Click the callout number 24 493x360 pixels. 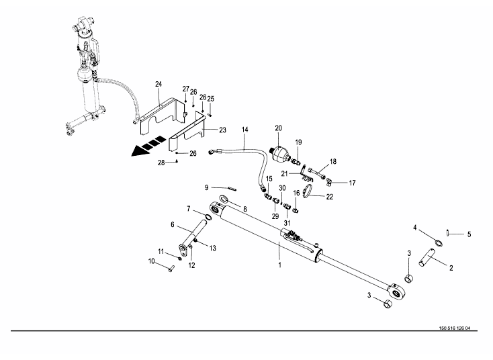pyautogui.click(x=159, y=84)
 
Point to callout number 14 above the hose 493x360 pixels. pyautogui.click(x=245, y=130)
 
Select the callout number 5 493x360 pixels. pyautogui.click(x=469, y=234)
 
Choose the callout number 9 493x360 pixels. pyautogui.click(x=208, y=187)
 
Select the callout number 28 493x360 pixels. pyautogui.click(x=161, y=163)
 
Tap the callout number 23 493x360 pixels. pyautogui.click(x=222, y=130)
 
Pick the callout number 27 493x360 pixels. pyautogui.click(x=186, y=89)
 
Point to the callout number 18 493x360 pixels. pyautogui.click(x=332, y=162)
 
